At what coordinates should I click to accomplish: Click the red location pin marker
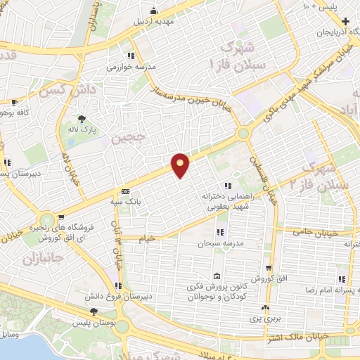pyautogui.click(x=181, y=165)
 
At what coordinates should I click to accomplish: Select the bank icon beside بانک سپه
pyautogui.click(x=125, y=191)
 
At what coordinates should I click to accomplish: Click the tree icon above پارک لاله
pyautogui.click(x=83, y=118)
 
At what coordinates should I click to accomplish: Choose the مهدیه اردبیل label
pyautogui.click(x=153, y=20)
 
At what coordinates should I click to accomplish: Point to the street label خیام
pyautogui.click(x=146, y=239)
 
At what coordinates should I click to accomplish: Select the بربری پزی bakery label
pyautogui.click(x=265, y=319)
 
